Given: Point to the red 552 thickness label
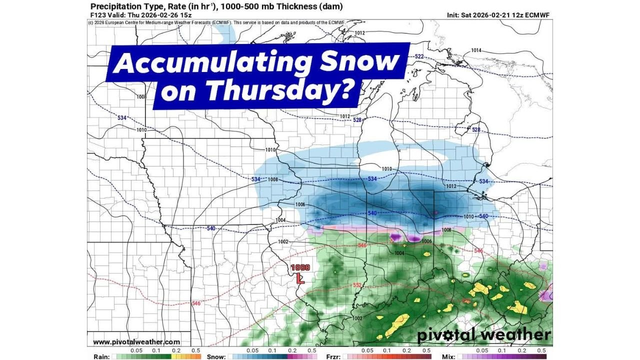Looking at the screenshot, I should [357, 285].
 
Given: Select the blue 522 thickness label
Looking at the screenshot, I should [419, 56].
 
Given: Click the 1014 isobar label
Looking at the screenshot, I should [476, 50].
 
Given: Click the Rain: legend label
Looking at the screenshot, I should [101, 356].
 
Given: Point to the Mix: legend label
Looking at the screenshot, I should [448, 356].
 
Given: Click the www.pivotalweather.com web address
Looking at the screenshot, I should [136, 342].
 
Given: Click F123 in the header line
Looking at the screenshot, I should [97, 15].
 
